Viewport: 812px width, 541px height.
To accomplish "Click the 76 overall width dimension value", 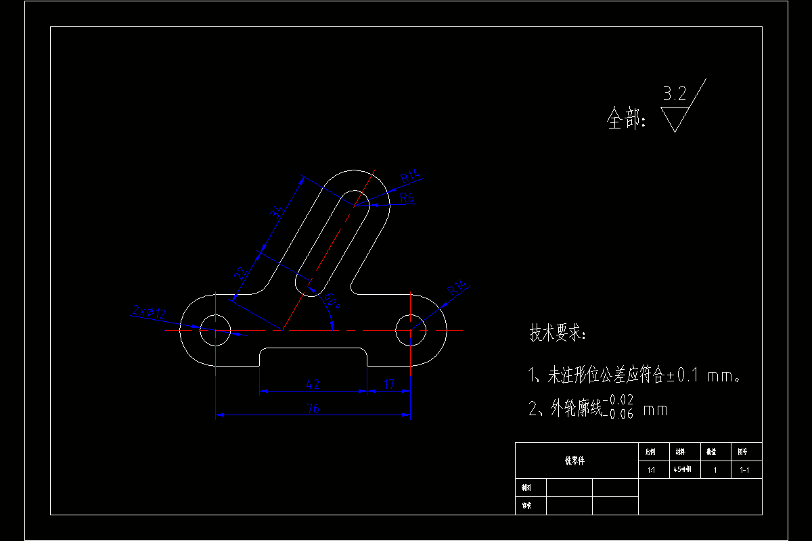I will click(313, 408).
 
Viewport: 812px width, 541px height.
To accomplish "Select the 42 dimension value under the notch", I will click(313, 384).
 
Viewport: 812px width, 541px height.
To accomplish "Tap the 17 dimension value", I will click(389, 384).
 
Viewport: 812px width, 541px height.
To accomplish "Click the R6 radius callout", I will click(407, 197).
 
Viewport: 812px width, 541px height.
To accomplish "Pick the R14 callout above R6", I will click(411, 177).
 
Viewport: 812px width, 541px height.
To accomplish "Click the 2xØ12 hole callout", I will click(150, 312).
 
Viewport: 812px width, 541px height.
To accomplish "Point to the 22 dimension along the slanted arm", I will click(240, 274).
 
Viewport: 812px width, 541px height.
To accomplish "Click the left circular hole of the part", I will click(216, 330).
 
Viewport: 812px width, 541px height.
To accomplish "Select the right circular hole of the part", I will click(411, 330).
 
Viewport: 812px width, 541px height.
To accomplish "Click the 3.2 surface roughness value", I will click(674, 94).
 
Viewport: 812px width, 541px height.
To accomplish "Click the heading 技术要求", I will click(558, 333).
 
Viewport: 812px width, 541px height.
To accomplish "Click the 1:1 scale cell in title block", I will click(651, 470).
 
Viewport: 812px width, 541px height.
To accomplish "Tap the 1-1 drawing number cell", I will click(746, 470).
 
